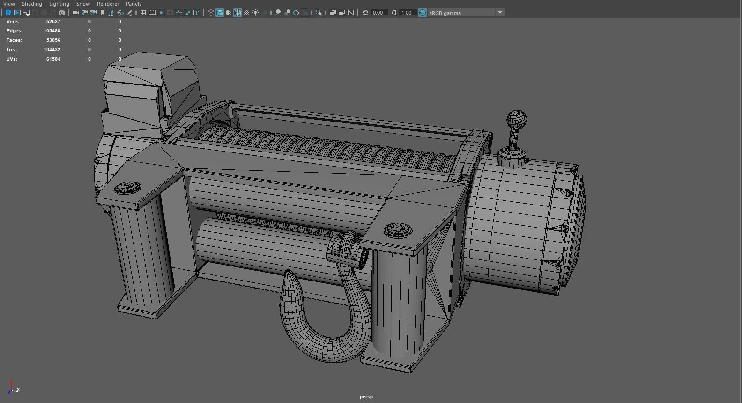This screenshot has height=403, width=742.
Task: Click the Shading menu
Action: [32, 4]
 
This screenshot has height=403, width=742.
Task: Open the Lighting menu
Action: [59, 4]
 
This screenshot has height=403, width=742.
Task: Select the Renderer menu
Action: [108, 4]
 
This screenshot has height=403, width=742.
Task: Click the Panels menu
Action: [134, 4]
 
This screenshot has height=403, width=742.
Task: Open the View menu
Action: [9, 4]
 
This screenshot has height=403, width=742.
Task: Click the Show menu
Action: [83, 4]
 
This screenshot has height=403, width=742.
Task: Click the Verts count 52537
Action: [53, 22]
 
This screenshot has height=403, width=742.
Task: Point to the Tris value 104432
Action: [52, 50]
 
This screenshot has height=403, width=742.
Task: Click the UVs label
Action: [12, 59]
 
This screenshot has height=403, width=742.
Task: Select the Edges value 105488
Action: [52, 31]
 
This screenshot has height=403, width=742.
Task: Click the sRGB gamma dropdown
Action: [466, 13]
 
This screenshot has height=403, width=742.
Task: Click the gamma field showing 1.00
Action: [406, 13]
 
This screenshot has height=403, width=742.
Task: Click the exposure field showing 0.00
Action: [378, 13]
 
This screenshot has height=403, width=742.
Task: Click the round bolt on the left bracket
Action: [127, 188]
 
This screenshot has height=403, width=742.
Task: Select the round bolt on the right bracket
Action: [398, 230]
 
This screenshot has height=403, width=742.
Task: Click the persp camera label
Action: [366, 397]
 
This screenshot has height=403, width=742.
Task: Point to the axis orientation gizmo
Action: [13, 388]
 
